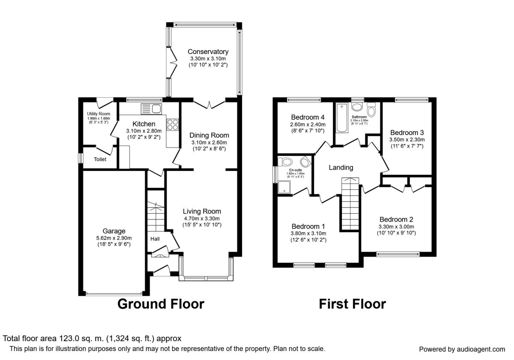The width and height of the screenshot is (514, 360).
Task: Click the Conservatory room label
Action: [x=208, y=52]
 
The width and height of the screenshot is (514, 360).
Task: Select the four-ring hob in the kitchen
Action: [x=172, y=124]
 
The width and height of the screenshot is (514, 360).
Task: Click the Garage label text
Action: [x=114, y=231]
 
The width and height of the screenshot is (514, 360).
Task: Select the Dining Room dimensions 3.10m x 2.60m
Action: [x=209, y=143]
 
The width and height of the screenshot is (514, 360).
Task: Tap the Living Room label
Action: [x=202, y=211]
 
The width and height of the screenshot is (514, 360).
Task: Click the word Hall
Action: [x=155, y=238]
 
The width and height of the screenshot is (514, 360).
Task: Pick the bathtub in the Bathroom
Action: [x=342, y=118]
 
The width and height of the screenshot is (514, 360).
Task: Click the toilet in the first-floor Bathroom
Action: [x=371, y=111]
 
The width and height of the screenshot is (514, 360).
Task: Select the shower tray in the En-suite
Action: [x=284, y=186]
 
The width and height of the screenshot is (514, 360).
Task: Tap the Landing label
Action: [x=341, y=168]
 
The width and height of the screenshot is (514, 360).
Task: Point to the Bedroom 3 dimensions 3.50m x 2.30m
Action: [x=406, y=140]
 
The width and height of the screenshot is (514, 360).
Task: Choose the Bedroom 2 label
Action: [x=396, y=219]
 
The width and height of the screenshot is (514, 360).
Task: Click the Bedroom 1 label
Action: [x=308, y=226]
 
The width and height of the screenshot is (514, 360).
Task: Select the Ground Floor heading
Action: [x=161, y=304]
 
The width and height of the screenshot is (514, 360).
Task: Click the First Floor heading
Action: [x=352, y=304]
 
